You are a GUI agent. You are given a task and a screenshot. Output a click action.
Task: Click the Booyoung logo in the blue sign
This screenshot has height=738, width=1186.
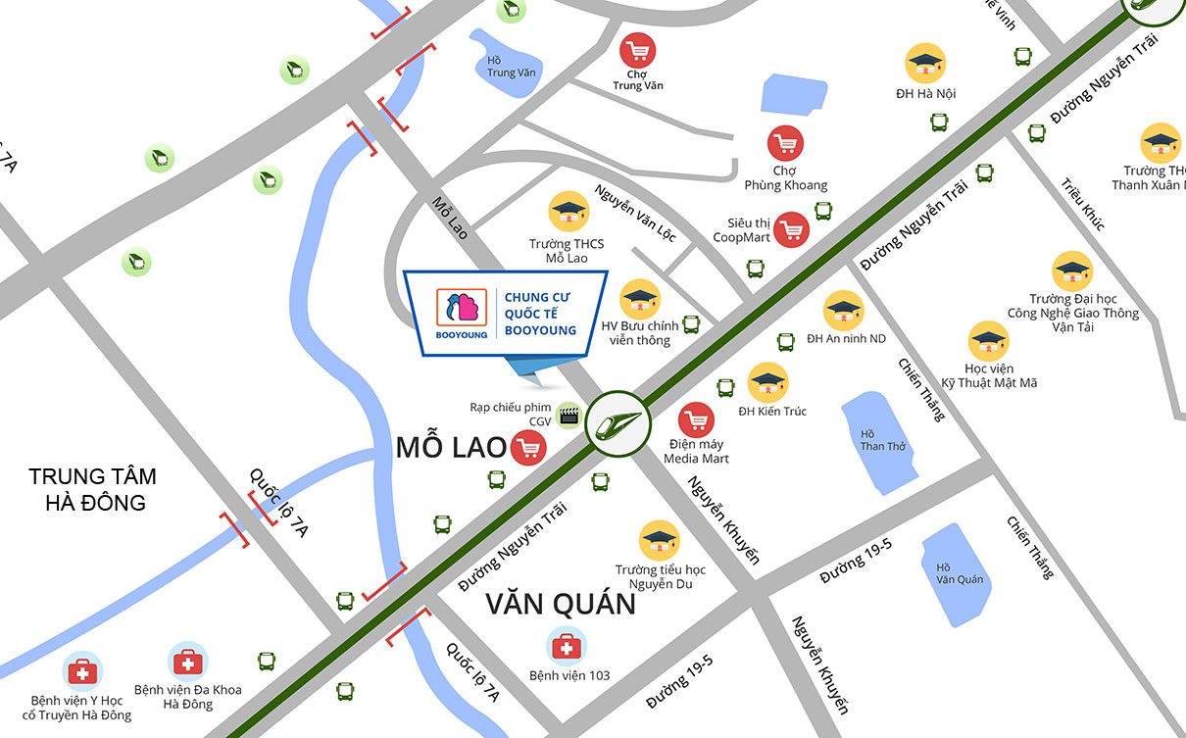tap(461, 311)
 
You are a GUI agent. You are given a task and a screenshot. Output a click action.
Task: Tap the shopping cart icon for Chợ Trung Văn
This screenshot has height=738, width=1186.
tap(638, 50)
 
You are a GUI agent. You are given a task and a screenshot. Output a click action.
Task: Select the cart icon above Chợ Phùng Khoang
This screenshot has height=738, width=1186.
tap(785, 145)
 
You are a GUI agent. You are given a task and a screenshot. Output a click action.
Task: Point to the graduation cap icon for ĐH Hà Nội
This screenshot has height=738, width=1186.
tap(924, 64)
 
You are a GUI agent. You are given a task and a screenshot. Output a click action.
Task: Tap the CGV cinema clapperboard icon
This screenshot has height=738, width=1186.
tap(568, 415)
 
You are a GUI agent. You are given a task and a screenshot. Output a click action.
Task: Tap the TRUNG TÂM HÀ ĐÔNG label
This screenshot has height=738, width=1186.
tap(92, 489)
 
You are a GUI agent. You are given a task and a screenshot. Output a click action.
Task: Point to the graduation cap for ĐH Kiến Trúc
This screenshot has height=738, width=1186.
tap(767, 382)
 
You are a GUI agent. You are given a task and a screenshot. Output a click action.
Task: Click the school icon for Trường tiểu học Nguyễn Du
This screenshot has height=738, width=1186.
tap(660, 540)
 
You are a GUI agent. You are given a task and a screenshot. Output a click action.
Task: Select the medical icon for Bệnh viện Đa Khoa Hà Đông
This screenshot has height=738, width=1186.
tap(187, 663)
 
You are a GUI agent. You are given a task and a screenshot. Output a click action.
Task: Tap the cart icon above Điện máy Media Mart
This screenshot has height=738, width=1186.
tap(696, 420)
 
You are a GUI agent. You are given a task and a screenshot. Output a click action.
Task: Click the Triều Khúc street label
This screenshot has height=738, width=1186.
tap(1081, 204)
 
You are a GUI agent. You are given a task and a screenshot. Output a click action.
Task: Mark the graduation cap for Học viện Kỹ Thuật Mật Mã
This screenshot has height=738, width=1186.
tap(988, 341)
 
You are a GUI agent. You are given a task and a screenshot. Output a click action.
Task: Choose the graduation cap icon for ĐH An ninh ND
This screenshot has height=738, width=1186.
tap(843, 311)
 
